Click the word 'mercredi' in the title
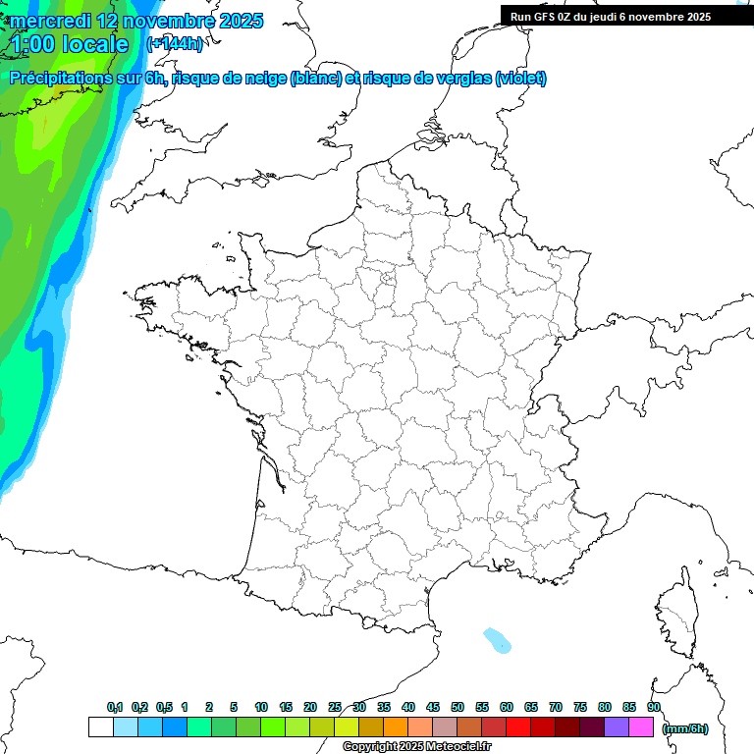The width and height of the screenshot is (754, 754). coord(50,21)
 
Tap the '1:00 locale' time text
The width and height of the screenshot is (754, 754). coord(70,44)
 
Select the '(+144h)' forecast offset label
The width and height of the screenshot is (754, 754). coord(175,44)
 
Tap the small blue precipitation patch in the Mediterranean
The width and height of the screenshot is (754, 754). coord(498,641)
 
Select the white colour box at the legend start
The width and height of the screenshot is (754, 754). coord(100,727)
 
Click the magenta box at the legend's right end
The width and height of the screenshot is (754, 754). coord(641,727)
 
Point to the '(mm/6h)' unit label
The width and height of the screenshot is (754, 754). coord(684,728)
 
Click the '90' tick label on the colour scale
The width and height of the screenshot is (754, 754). coord(653,707)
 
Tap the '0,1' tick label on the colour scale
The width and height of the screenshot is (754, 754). coord(115,707)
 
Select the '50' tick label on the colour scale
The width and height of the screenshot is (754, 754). coord(458,707)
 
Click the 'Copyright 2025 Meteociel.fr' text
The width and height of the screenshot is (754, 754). coord(417,746)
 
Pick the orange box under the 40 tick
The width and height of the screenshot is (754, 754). coord(396,727)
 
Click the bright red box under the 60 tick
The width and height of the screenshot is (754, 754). coord(518,727)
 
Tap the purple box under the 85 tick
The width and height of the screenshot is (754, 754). coord(617,727)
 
